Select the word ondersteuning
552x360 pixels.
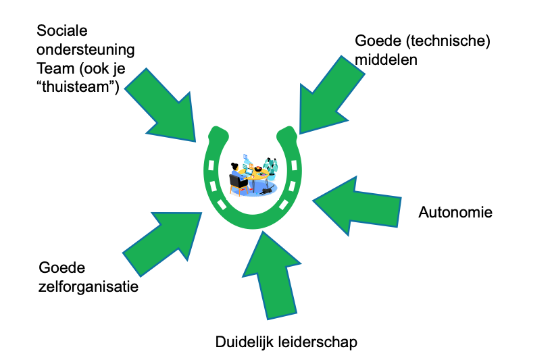(85, 50)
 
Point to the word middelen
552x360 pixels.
(386, 59)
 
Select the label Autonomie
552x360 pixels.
(455, 213)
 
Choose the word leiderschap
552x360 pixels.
(316, 342)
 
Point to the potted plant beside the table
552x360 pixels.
(271, 166)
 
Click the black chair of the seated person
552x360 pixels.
(237, 182)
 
